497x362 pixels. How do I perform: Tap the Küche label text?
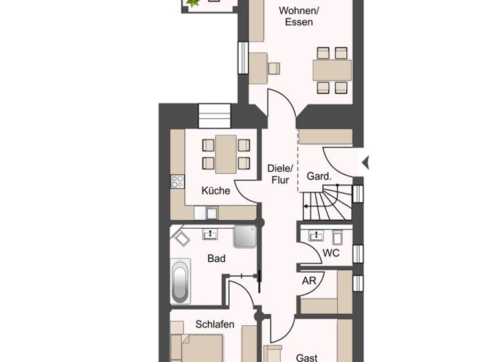[215, 191]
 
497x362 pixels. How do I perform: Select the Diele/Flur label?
[278, 174]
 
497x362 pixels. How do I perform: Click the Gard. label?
[319, 176]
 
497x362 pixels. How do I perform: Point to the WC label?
[331, 253]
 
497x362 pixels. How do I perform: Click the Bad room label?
[216, 259]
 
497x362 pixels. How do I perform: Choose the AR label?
[309, 281]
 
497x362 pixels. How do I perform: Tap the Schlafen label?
[214, 325]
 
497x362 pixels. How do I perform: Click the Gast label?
[307, 357]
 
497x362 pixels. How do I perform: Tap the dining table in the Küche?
[226, 154]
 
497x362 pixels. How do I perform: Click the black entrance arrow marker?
[364, 162]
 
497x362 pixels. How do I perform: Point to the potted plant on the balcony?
[192, 4]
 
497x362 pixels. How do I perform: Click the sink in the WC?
[317, 235]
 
